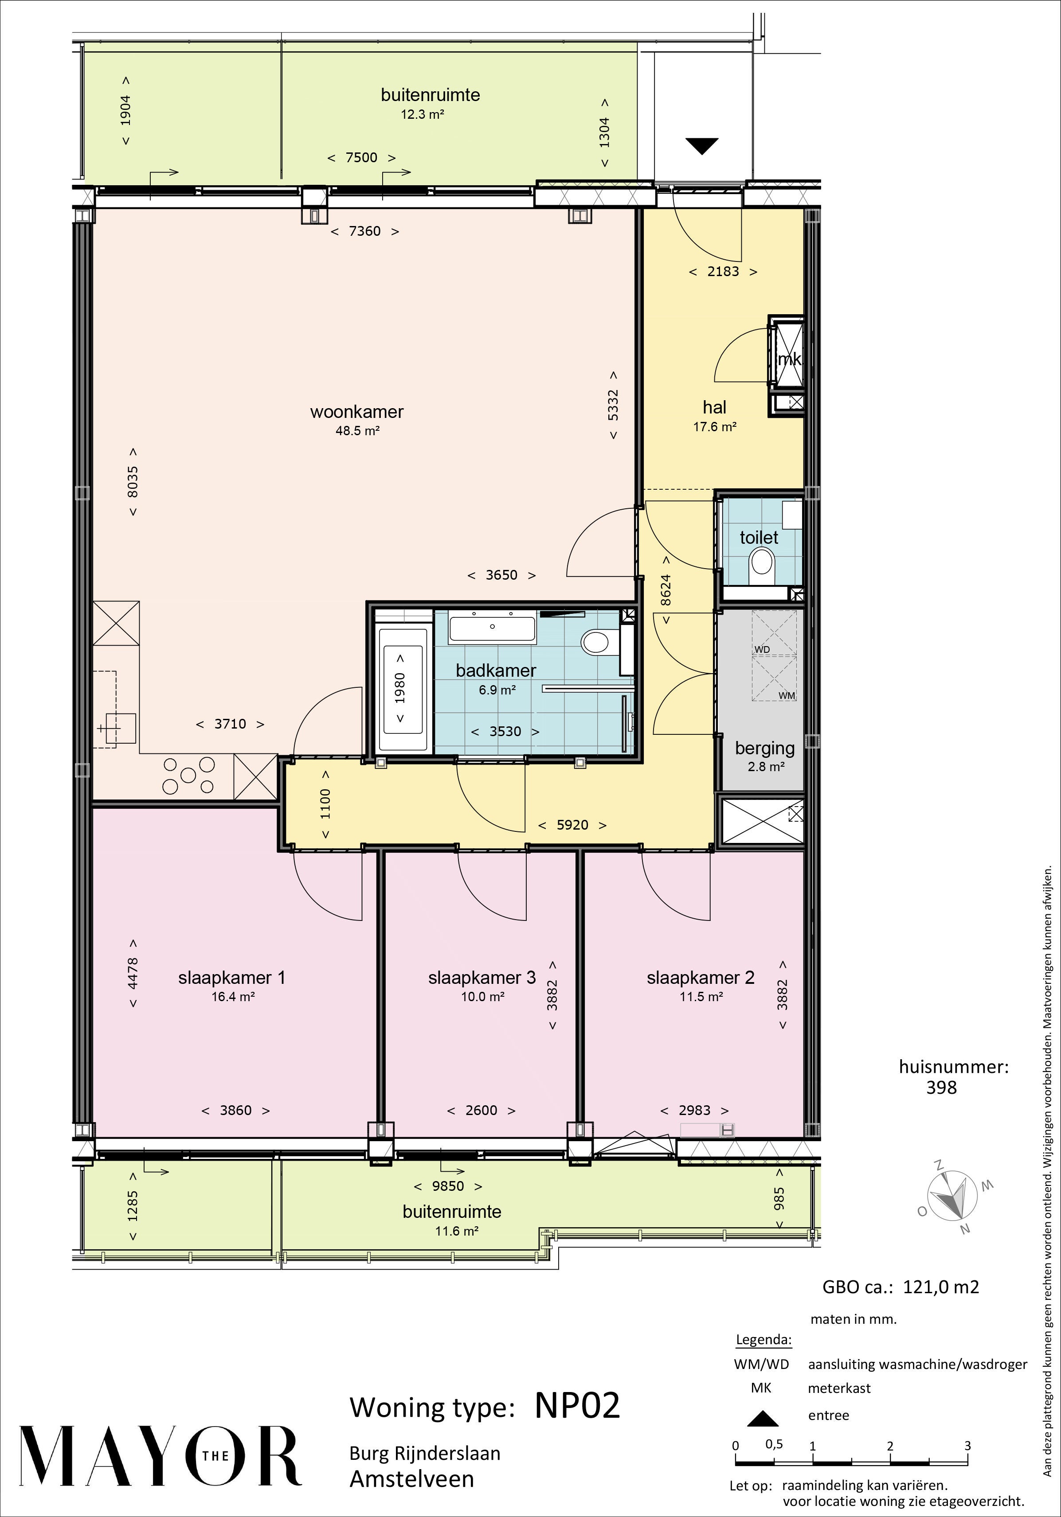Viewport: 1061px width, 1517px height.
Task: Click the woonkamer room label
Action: tap(357, 412)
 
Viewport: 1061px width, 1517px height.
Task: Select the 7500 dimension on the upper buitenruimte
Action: tap(362, 158)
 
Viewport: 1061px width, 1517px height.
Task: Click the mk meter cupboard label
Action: tap(789, 359)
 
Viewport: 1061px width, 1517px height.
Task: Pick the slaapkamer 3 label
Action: tap(482, 977)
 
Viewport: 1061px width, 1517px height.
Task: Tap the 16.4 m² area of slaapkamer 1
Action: tap(233, 996)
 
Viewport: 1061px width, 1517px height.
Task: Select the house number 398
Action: tap(941, 1087)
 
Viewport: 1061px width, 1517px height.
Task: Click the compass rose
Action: tap(952, 1196)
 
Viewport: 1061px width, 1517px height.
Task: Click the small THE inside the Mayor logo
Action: tap(215, 1455)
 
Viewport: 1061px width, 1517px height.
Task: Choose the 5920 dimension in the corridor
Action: tap(572, 825)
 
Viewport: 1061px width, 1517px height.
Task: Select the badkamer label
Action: tap(496, 670)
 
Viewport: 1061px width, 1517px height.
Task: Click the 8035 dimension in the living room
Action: tap(133, 482)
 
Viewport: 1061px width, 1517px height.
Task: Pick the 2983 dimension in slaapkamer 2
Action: tap(695, 1110)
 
